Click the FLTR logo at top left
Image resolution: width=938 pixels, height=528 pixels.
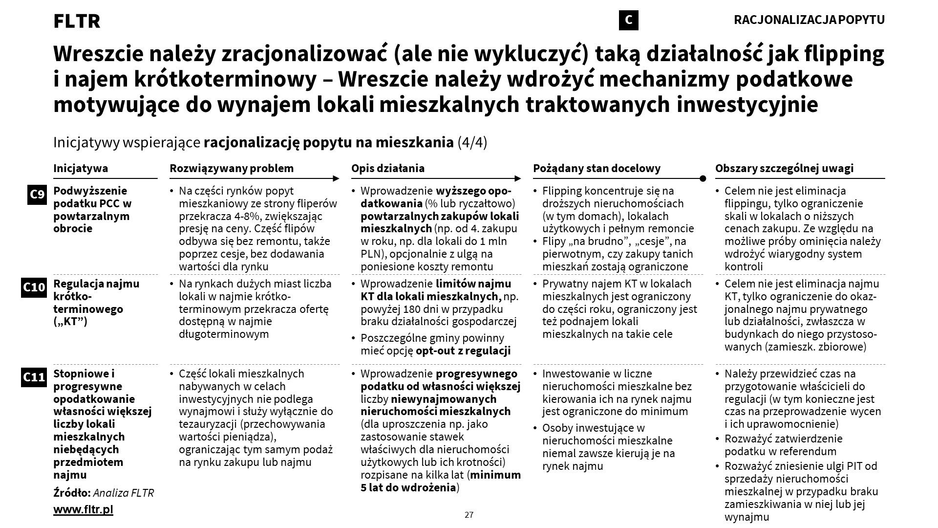(x=77, y=22)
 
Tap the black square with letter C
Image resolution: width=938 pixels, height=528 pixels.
(x=628, y=20)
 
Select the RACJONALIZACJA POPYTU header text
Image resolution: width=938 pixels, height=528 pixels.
(x=809, y=20)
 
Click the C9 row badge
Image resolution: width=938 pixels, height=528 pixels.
(x=37, y=195)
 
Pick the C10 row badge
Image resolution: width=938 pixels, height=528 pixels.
(x=34, y=287)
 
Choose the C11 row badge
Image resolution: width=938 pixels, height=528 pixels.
(x=34, y=377)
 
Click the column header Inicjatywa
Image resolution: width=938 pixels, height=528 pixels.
(x=81, y=168)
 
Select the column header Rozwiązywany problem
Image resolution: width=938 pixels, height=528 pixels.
(x=232, y=168)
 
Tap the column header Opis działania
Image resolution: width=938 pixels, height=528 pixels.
(x=388, y=168)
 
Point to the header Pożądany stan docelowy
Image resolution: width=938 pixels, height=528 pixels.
(x=597, y=168)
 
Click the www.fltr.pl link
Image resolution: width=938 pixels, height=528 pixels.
(x=83, y=509)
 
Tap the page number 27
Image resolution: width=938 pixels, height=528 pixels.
(x=469, y=515)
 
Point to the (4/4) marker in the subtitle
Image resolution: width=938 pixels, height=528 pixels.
(x=472, y=143)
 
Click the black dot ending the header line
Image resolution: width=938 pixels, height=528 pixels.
(x=703, y=178)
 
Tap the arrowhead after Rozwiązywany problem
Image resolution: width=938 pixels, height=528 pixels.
(x=336, y=178)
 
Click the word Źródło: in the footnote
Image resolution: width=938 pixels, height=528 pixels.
(x=71, y=493)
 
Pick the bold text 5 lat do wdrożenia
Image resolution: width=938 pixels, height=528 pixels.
(x=408, y=487)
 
